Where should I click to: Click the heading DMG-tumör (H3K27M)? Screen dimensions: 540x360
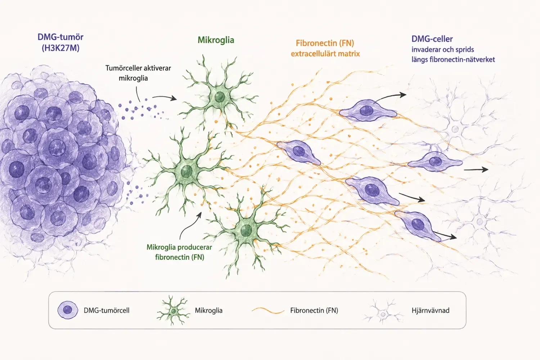coord(60,42)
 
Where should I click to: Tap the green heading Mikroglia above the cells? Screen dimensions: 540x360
coord(216,40)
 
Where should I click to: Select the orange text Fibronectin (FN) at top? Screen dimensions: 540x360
coord(325,43)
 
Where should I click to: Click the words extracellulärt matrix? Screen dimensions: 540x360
coord(325,54)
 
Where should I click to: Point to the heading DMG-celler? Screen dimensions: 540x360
coord(432,39)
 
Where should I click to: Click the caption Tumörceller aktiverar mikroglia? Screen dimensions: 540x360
coord(138,73)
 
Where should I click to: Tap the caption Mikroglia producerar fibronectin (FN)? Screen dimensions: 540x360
coord(179,252)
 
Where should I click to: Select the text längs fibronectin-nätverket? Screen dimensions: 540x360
coord(453,59)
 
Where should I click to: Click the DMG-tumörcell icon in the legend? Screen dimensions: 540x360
coord(68,310)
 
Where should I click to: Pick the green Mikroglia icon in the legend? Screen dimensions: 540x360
coord(173,311)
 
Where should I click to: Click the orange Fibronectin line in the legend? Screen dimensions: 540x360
coord(268,311)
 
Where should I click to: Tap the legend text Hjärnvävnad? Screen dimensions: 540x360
coord(430,310)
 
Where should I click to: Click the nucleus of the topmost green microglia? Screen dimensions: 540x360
coord(220,97)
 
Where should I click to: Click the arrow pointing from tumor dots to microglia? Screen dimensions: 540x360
coord(165,97)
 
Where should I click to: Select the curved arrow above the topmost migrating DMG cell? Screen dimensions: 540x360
coord(390,97)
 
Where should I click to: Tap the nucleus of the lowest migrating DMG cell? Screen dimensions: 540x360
coord(418,224)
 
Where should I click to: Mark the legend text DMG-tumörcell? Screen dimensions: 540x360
coord(106,310)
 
